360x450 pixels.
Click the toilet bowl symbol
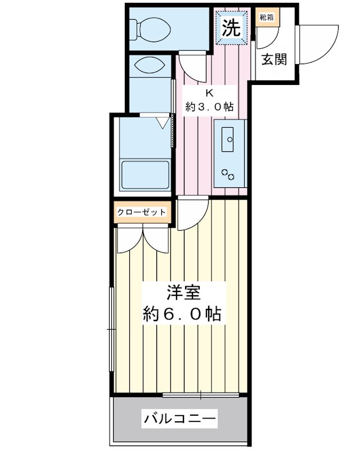coord(150,29)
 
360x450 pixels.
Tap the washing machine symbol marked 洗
coord(231,28)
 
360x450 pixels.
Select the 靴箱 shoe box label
coord(267,17)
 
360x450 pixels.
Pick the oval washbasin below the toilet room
coord(150,65)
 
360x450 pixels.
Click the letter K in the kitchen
coord(210,93)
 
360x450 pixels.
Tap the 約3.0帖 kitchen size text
coord(209,107)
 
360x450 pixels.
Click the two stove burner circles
coord(228,174)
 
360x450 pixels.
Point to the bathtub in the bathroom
coord(145,175)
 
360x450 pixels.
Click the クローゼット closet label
coord(142,213)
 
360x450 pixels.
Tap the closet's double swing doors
coord(143,238)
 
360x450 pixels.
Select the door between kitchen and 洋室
coord(192,213)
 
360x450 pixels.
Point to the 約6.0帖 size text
coord(182,314)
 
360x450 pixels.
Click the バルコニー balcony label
coord(179,419)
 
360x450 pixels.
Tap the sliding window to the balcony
coord(200,395)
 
